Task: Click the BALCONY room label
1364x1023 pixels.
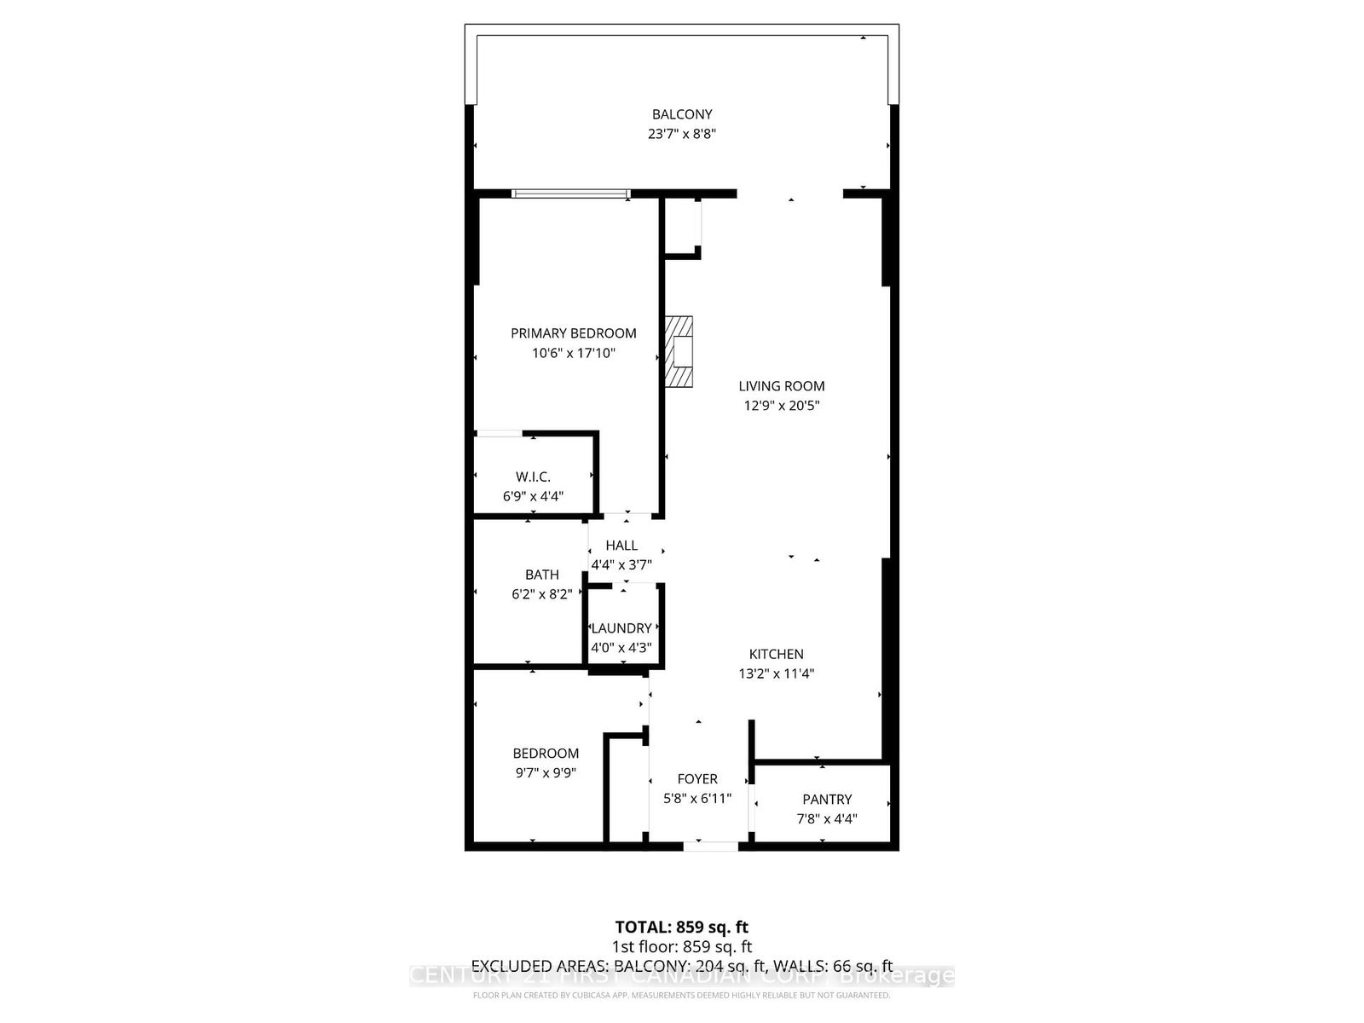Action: tap(682, 114)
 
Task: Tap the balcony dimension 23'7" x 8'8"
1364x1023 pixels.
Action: tap(682, 134)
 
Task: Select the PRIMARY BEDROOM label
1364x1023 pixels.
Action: tap(574, 333)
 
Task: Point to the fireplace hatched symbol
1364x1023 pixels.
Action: tap(679, 352)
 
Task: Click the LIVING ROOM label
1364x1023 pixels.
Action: tap(782, 386)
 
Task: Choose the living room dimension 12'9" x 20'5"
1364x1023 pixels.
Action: tap(782, 406)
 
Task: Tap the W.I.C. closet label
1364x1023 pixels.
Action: tap(533, 477)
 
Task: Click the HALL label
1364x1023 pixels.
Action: tap(621, 546)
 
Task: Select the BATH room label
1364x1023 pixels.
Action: tap(542, 575)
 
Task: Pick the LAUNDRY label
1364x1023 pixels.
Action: tap(621, 628)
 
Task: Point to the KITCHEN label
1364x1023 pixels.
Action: tap(776, 654)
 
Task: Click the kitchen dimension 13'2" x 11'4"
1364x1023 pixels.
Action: tap(776, 673)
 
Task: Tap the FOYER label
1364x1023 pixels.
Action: tap(697, 779)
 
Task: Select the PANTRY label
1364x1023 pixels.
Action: tap(827, 800)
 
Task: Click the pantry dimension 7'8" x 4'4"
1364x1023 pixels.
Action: tap(827, 819)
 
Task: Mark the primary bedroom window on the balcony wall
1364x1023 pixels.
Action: tap(571, 194)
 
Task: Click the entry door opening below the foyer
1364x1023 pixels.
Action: tap(711, 846)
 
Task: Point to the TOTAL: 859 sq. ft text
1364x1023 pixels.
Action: tap(682, 927)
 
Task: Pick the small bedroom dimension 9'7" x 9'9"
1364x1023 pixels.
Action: tap(546, 773)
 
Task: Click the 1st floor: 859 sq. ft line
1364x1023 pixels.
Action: tap(682, 946)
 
